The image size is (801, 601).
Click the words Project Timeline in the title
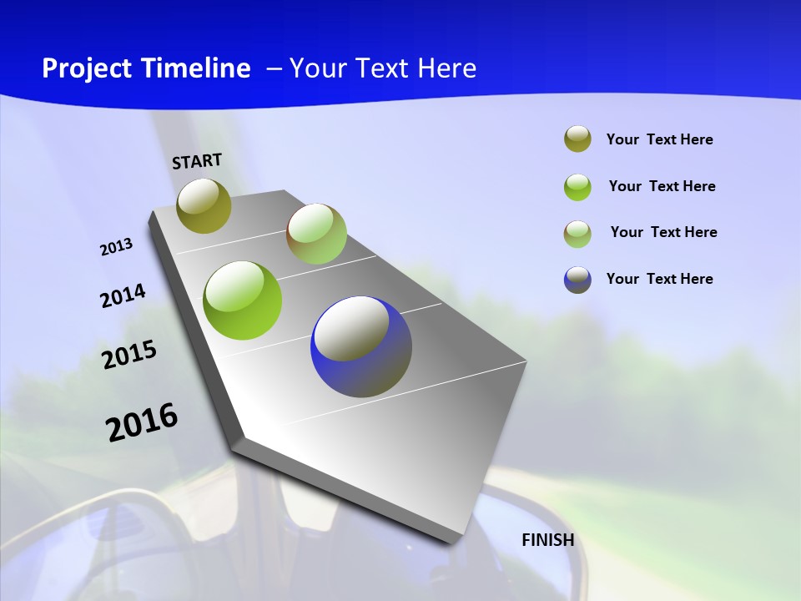tap(146, 68)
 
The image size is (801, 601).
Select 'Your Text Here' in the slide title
tap(383, 68)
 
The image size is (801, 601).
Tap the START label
tap(197, 161)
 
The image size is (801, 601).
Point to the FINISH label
tap(548, 540)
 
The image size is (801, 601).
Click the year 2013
tap(116, 247)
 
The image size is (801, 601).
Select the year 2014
tap(123, 295)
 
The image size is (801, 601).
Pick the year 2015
tap(129, 355)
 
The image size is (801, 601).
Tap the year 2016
tap(142, 422)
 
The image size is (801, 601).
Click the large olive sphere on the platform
tap(204, 205)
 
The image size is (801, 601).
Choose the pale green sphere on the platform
tap(316, 234)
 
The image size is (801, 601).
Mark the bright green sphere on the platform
tap(243, 300)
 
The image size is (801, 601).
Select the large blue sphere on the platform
tap(361, 346)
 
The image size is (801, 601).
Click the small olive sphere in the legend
tap(577, 139)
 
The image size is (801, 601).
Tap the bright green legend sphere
tap(577, 187)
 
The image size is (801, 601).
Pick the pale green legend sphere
tap(577, 234)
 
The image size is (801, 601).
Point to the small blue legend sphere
tap(577, 280)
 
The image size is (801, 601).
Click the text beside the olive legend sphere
tap(660, 139)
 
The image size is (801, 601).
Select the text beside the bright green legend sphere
tap(662, 186)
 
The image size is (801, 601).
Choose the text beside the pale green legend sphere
tap(664, 232)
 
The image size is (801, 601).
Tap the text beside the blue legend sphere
tap(660, 279)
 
